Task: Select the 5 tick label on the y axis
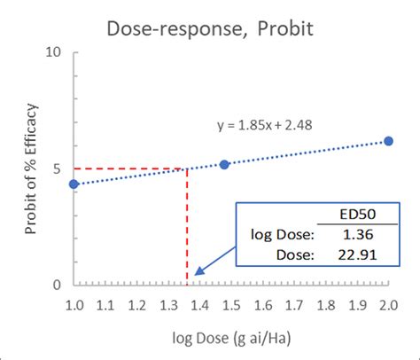tap(55, 168)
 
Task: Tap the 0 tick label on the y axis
tap(55, 285)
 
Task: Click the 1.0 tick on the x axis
tap(74, 305)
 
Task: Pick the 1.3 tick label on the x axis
tap(167, 305)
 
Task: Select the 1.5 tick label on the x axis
tap(230, 305)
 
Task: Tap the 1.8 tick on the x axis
tap(325, 305)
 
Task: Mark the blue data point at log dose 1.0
tap(74, 184)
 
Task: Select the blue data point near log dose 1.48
tap(224, 164)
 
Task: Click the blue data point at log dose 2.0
tap(388, 141)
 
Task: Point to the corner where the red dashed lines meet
tap(186, 168)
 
